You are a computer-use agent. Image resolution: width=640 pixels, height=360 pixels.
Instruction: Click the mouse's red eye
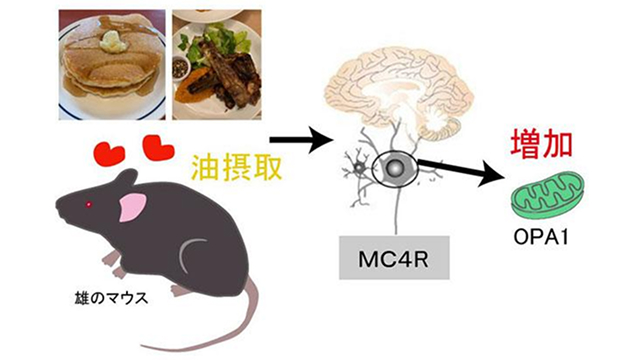pos(88,204)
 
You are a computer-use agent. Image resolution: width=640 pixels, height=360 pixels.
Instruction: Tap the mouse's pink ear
pos(132,207)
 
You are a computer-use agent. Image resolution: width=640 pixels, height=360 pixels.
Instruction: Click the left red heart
pos(109,154)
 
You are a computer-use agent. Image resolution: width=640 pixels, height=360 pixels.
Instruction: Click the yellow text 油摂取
pos(237,168)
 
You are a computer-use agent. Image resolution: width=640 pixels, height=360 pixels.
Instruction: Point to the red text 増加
pos(542,144)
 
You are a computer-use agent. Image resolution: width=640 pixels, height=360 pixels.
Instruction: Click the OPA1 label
pos(541,237)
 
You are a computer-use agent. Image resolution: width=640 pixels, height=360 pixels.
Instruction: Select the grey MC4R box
pos(394,258)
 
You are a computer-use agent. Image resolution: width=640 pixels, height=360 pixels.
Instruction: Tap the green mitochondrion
pos(548,196)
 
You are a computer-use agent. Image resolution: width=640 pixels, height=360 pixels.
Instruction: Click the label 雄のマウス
pos(111,298)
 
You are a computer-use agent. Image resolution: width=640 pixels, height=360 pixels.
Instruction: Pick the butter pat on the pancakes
pos(113,40)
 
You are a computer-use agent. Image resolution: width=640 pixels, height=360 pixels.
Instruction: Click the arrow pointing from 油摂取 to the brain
pos(301,140)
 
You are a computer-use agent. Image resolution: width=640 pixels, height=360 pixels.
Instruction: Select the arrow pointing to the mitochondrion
pos(462,171)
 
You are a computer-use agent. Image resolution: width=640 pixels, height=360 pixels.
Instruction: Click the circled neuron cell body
pos(395,167)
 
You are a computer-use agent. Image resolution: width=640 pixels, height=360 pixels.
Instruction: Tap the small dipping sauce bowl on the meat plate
pos(180,67)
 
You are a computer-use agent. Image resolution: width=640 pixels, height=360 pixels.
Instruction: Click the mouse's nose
pos(58,205)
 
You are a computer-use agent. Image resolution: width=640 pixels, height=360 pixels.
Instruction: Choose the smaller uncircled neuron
pos(360,167)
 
